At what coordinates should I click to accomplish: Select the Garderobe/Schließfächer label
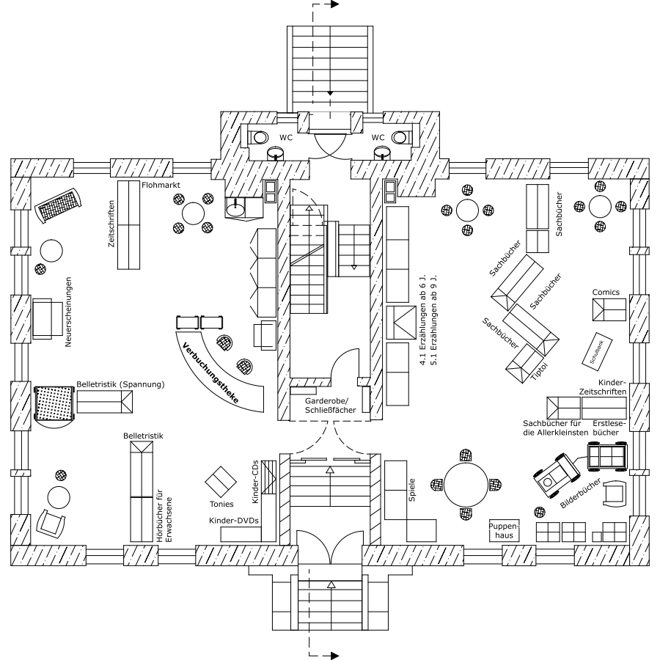coord(329,406)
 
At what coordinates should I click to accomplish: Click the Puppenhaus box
coord(504,531)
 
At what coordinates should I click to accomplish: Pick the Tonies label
coord(221,504)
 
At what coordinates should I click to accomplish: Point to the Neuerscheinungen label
coord(68,312)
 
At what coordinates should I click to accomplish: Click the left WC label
coord(285,137)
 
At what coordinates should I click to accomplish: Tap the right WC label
coord(378,137)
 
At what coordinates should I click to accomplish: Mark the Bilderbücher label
coord(580,494)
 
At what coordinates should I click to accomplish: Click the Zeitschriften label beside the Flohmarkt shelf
coord(111,224)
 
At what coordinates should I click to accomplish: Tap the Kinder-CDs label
coord(254,481)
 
